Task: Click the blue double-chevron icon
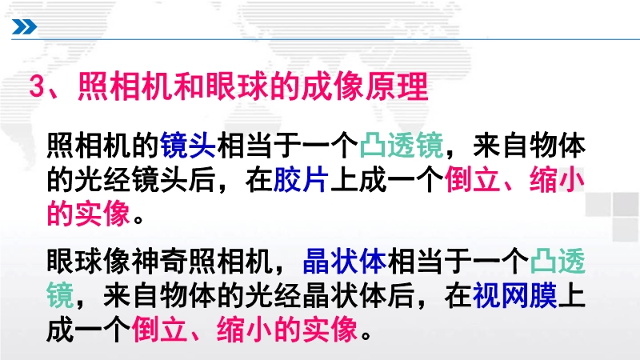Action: (x=25, y=27)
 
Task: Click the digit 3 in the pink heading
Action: (x=37, y=86)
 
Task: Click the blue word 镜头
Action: (x=188, y=146)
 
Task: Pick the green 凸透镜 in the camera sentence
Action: (x=402, y=146)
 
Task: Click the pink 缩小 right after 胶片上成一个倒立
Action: (x=558, y=180)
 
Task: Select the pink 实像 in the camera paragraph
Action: (x=103, y=214)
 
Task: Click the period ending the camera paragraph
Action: (x=138, y=219)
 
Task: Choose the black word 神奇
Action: (x=160, y=262)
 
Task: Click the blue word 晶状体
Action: (x=345, y=262)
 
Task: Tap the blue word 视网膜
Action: (x=515, y=296)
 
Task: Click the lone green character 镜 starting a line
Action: (x=61, y=296)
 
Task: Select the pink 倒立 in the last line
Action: (x=160, y=330)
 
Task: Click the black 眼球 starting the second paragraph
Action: (x=74, y=262)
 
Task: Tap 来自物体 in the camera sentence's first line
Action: (x=530, y=146)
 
